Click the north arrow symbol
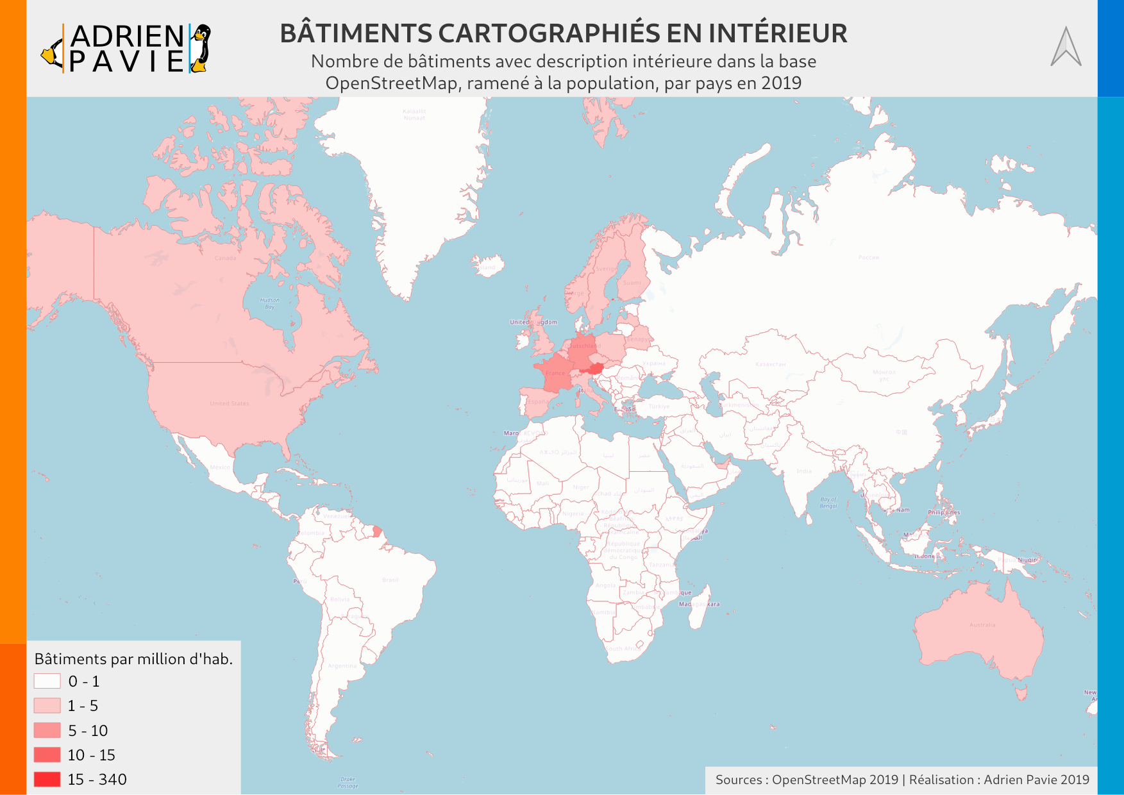coord(1066,47)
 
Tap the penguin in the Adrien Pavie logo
coord(201,48)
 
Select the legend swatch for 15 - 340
coord(47,779)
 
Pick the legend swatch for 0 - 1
coord(47,681)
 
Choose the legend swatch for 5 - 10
coord(47,730)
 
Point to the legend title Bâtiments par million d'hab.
coord(133,659)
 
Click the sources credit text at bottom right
coord(902,780)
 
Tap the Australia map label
coord(982,624)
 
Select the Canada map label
coord(225,258)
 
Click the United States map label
coord(229,403)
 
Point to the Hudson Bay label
coord(269,303)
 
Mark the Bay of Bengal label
coord(828,503)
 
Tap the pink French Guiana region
coord(377,531)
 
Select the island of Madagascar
coord(698,606)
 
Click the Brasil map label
coord(390,580)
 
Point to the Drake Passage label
coord(348,782)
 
